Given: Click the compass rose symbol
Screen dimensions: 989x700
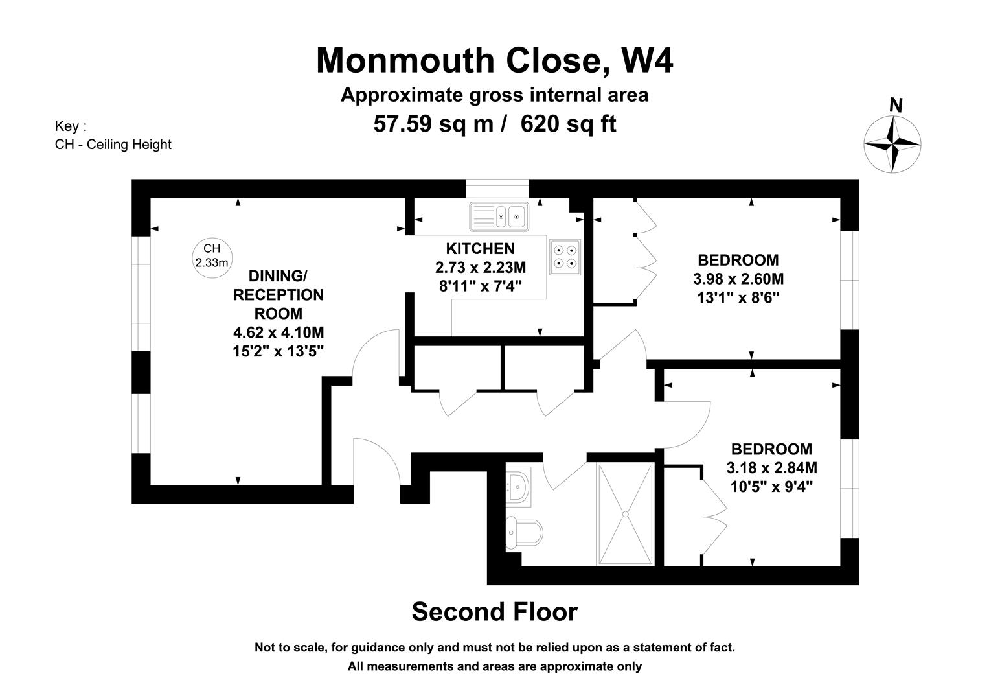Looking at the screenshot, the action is (x=892, y=144).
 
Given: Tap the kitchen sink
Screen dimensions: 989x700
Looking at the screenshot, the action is (x=499, y=216).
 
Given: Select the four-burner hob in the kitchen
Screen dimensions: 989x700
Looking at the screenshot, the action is (x=565, y=257).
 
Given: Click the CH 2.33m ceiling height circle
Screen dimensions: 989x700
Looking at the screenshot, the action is (x=212, y=258).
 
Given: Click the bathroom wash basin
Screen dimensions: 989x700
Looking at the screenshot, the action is (x=518, y=486).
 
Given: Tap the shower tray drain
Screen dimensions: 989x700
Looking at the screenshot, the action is (x=625, y=514).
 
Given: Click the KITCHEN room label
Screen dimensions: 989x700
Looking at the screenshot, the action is (x=481, y=249).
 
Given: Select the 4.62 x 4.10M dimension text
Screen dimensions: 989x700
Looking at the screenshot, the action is (x=279, y=332).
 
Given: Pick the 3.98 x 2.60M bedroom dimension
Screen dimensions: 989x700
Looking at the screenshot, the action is (x=738, y=279).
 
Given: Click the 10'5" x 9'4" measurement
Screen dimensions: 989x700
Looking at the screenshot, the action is (x=772, y=487).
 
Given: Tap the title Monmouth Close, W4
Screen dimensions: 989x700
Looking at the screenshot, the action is (x=495, y=60).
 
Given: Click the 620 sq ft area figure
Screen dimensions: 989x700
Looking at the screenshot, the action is (x=569, y=124).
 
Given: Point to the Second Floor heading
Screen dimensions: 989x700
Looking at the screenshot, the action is (x=495, y=612).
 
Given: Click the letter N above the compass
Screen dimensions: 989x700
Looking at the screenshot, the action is (x=896, y=105).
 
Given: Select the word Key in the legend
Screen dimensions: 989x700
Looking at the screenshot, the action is (x=67, y=126).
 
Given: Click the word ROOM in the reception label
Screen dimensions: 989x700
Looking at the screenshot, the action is (x=279, y=314).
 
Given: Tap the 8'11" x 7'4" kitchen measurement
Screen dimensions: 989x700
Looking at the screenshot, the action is (x=481, y=286).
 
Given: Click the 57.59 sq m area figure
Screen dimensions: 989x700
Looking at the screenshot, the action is (x=433, y=124).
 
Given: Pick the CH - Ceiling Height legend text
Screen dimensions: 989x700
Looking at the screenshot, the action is (x=113, y=145).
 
